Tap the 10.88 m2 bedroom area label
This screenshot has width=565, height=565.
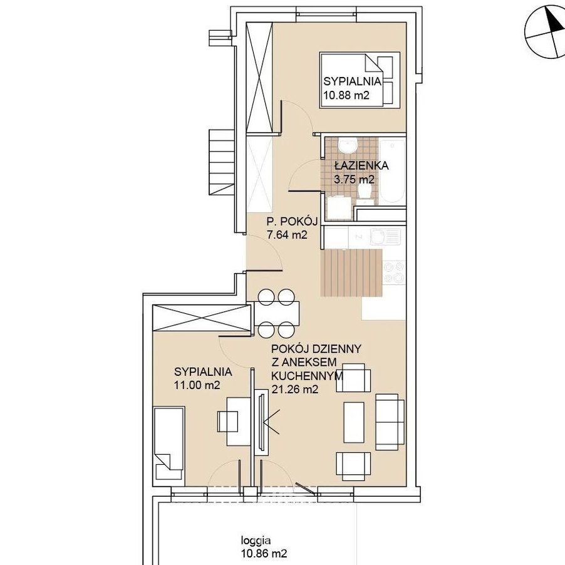[346, 95]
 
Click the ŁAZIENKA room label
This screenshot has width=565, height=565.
[361, 165]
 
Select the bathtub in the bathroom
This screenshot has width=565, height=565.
[392, 171]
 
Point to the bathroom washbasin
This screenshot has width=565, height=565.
[348, 145]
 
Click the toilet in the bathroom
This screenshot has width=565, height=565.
[366, 191]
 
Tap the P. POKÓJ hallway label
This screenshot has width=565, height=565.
[292, 221]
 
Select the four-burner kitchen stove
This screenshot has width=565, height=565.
[394, 272]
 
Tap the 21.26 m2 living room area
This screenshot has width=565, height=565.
[295, 390]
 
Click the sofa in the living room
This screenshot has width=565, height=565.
[390, 422]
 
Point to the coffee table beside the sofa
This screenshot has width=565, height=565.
[354, 422]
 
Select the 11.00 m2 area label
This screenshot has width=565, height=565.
[197, 385]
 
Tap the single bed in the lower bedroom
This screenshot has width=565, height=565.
[169, 443]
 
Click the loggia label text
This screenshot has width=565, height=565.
[256, 541]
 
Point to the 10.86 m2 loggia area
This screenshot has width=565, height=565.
[264, 553]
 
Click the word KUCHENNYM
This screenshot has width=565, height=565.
[307, 376]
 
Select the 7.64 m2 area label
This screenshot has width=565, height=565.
[287, 234]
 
